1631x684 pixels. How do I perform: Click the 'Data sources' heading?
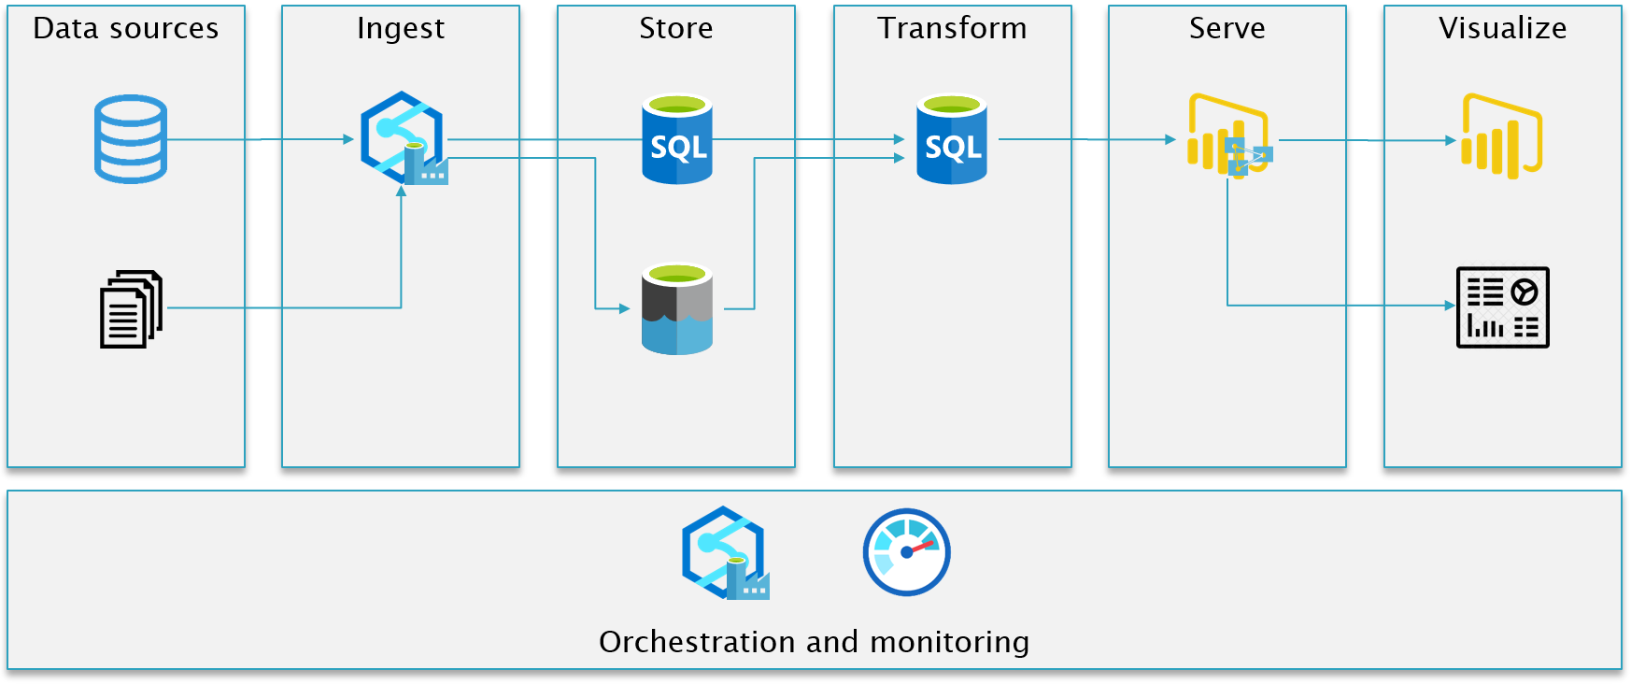pyautogui.click(x=126, y=28)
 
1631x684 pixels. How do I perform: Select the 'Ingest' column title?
pyautogui.click(x=401, y=29)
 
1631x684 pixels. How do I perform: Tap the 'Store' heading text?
pyautogui.click(x=676, y=28)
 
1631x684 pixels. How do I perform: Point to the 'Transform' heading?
pyautogui.click(x=952, y=28)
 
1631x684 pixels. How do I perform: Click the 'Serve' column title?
pyautogui.click(x=1227, y=28)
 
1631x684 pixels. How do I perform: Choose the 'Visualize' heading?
pyautogui.click(x=1503, y=28)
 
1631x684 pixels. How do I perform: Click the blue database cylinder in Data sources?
pyautogui.click(x=131, y=139)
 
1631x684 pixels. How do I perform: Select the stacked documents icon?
pyautogui.click(x=132, y=309)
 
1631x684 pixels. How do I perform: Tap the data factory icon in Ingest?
pyautogui.click(x=404, y=138)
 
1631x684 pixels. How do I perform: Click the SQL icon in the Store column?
pyautogui.click(x=677, y=138)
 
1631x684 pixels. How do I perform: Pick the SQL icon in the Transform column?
pyautogui.click(x=952, y=138)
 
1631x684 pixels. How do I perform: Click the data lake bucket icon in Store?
pyautogui.click(x=677, y=309)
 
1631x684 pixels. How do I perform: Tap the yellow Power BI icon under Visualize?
pyautogui.click(x=1502, y=136)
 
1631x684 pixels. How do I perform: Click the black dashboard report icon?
pyautogui.click(x=1503, y=307)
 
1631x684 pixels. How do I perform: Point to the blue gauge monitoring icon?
pyautogui.click(x=907, y=552)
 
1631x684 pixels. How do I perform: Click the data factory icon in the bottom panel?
pyautogui.click(x=725, y=553)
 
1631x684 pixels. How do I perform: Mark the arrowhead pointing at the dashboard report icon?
pyautogui.click(x=1450, y=306)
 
